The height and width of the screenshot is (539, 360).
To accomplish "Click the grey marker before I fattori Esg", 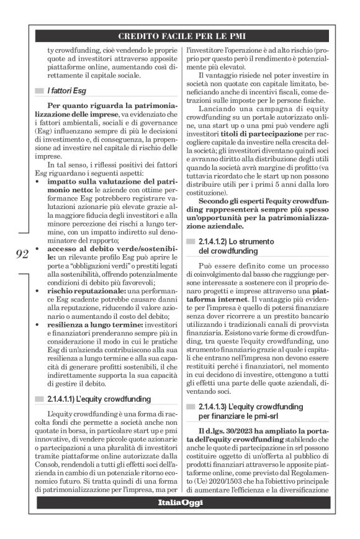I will point(38,91).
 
